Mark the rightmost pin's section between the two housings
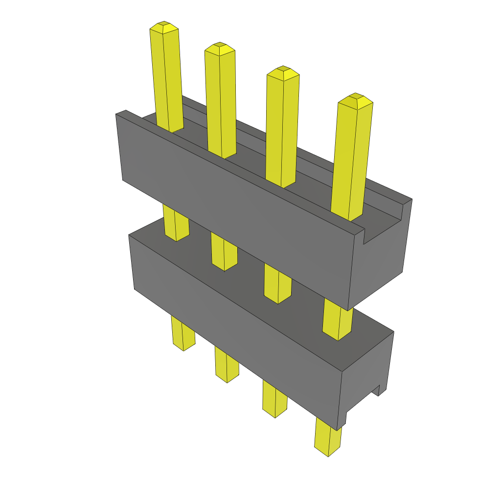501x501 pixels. tap(338, 320)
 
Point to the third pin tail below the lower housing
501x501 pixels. tap(274, 399)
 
